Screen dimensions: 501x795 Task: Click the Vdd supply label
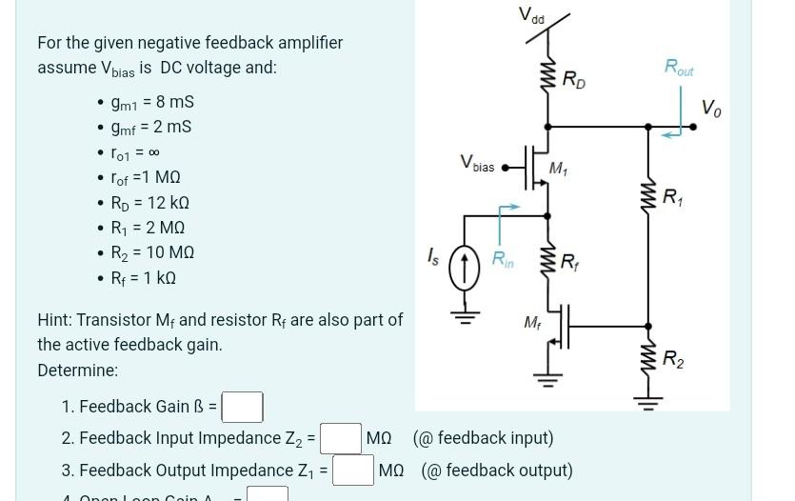[x=531, y=15]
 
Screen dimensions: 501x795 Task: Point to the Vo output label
[x=711, y=109]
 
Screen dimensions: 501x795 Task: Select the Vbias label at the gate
[x=477, y=165]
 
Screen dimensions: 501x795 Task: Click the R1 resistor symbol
[x=650, y=198]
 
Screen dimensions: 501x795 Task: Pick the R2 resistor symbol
[x=650, y=359]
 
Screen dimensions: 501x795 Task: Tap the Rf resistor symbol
[x=549, y=260]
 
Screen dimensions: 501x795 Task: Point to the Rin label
[x=503, y=258]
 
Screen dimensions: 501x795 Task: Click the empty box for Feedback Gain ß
[x=243, y=407]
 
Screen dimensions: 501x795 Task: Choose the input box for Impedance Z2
[x=340, y=438]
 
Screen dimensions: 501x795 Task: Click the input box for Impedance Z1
[x=352, y=470]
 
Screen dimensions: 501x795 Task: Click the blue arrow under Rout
[x=672, y=134]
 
